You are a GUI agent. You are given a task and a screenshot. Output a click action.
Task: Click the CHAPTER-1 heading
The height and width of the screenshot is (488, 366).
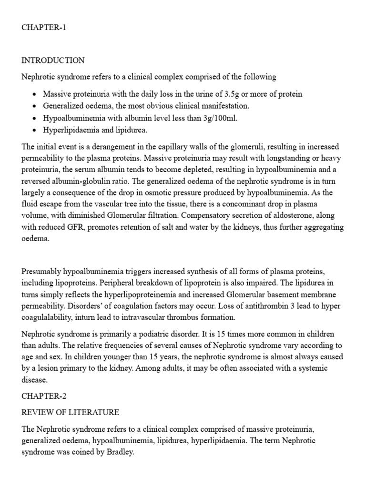(44, 28)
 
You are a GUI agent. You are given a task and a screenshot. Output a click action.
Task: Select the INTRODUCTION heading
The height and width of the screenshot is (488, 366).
(53, 61)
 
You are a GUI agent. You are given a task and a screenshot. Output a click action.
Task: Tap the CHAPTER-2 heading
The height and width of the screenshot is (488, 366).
(44, 395)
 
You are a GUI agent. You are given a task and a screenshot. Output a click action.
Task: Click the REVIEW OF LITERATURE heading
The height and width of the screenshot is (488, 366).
(71, 412)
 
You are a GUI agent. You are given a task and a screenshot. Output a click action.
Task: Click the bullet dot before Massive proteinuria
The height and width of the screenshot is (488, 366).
(35, 94)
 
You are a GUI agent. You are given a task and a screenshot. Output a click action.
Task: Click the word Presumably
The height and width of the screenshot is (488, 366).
(42, 272)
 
